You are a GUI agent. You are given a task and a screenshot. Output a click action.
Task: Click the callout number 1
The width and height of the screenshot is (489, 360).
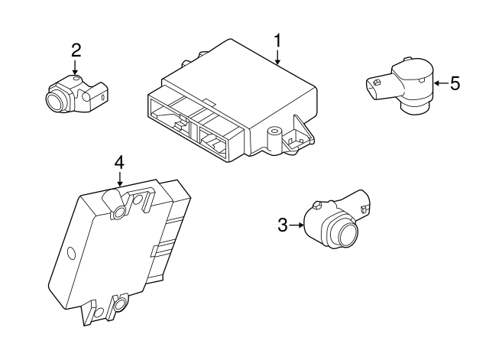click(278, 40)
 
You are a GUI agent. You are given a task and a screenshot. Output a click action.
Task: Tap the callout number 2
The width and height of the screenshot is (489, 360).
click(76, 50)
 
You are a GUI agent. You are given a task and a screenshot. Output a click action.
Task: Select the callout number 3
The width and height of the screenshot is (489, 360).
click(282, 225)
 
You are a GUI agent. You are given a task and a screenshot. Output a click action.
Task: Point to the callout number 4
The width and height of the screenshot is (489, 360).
click(118, 162)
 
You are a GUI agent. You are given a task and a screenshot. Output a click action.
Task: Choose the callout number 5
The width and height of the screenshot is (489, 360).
click(455, 83)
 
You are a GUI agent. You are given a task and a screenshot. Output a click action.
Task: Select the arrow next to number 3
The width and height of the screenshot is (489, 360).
click(296, 225)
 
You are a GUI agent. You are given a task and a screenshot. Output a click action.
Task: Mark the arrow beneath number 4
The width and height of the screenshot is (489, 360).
click(119, 180)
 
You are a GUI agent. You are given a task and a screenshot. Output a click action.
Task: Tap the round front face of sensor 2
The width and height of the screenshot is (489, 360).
click(57, 99)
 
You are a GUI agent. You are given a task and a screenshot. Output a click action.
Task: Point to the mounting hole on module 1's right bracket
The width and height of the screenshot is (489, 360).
click(272, 133)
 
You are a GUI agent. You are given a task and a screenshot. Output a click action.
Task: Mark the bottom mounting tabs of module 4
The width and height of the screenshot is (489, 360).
click(107, 310)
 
